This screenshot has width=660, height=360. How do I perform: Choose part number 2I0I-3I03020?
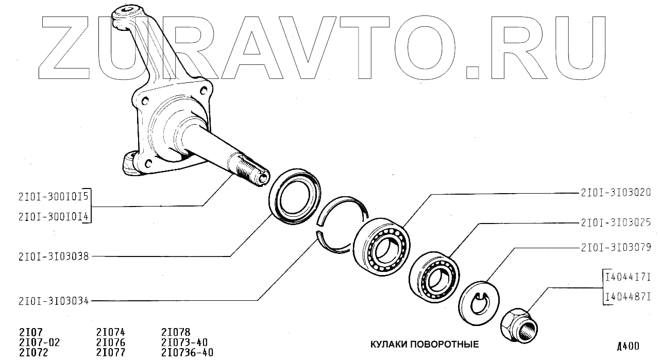tap(616, 193)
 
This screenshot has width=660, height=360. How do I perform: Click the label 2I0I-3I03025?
tap(616, 223)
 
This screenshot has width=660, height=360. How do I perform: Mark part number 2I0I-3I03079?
tap(616, 248)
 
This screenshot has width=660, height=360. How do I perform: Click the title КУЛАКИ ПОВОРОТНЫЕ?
tap(424, 345)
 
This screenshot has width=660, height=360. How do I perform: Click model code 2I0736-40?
tap(187, 352)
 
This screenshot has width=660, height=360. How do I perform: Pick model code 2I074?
tap(110, 333)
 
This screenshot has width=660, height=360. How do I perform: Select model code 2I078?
tap(176, 333)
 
